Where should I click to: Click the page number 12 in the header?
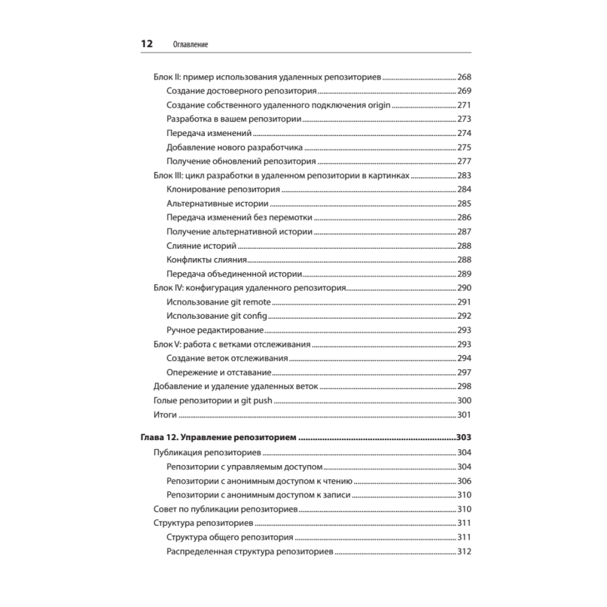point(146,44)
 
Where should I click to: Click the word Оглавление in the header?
point(191,45)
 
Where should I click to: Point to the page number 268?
point(464,78)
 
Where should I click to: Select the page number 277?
point(464,161)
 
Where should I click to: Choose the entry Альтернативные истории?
point(218,203)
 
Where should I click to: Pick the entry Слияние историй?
point(201,245)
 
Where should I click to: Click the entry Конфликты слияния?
point(206,260)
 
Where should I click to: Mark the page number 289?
point(464,274)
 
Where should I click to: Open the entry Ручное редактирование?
point(215,330)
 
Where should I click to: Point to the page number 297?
point(464,372)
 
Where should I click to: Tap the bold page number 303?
point(463,438)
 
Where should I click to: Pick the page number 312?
point(464,552)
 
